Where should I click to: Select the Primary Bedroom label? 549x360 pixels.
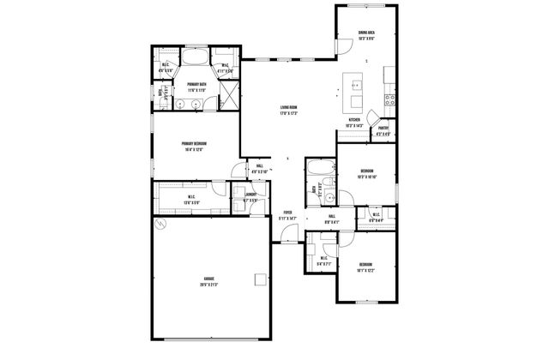(x=193, y=143)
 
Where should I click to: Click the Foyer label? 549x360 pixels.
(x=287, y=214)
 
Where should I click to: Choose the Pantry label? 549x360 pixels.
(x=383, y=129)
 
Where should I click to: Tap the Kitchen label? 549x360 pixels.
(x=354, y=121)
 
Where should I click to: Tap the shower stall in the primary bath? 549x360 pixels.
(x=229, y=93)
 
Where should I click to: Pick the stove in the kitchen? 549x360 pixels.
(x=392, y=99)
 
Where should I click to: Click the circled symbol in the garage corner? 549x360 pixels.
(x=160, y=225)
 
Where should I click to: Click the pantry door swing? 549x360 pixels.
(x=371, y=118)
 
